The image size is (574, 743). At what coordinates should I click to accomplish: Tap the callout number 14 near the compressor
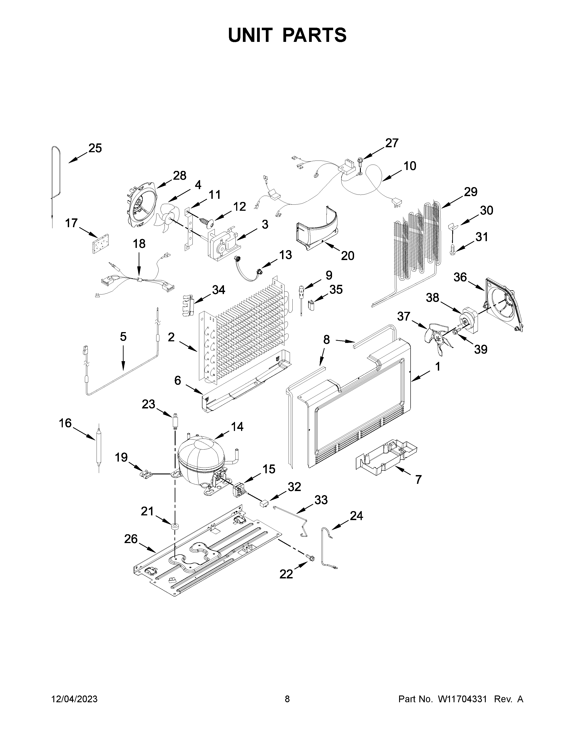[237, 426]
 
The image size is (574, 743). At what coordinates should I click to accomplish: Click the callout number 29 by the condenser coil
[471, 192]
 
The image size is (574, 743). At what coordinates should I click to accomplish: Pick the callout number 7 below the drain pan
[418, 479]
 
